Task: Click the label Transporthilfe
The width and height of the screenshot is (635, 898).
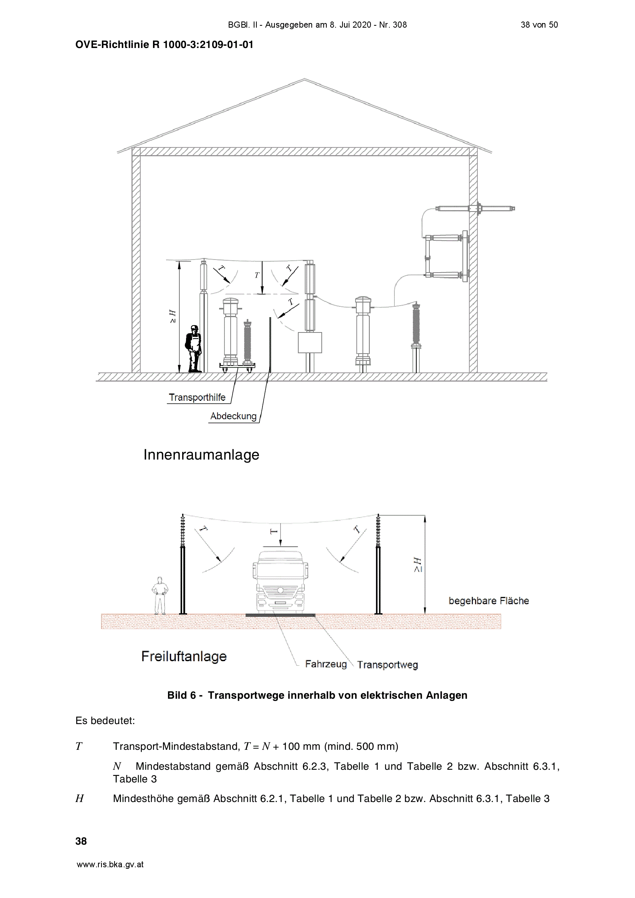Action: click(197, 397)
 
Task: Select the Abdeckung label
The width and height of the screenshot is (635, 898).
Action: click(233, 416)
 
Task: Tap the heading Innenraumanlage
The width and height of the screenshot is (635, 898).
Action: click(201, 455)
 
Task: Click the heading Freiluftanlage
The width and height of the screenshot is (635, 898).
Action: click(184, 656)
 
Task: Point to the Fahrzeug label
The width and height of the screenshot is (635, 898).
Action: click(326, 664)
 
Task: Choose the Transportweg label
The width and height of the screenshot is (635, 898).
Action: click(387, 665)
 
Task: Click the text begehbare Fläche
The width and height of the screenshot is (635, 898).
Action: click(489, 601)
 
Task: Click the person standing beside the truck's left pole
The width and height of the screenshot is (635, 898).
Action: click(160, 595)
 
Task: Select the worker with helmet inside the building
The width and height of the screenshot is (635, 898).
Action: click(194, 349)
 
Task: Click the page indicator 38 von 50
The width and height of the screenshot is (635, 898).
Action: click(539, 25)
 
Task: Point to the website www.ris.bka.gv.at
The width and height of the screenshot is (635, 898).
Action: click(110, 864)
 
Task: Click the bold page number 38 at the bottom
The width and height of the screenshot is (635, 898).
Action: click(81, 841)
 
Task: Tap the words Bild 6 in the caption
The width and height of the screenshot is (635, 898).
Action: click(182, 695)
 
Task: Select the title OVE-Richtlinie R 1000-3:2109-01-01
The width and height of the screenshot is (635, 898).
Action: click(165, 45)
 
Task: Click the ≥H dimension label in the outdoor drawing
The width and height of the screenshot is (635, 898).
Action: click(418, 565)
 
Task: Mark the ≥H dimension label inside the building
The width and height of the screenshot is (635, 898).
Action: click(172, 316)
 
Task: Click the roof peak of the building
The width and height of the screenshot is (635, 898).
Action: click(304, 79)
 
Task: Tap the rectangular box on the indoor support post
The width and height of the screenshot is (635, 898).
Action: click(310, 342)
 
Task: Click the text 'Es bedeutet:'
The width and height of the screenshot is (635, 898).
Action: click(105, 720)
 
